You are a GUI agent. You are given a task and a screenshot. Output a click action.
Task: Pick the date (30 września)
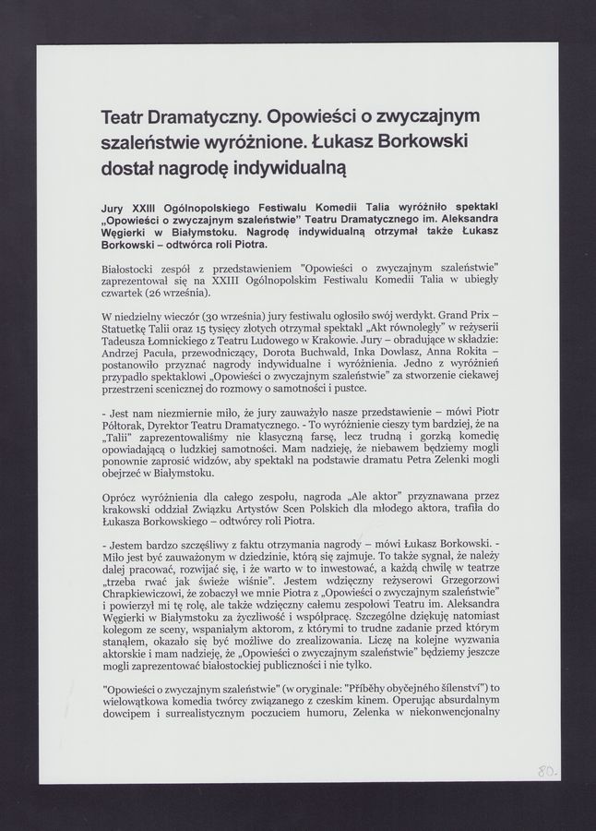217,316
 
